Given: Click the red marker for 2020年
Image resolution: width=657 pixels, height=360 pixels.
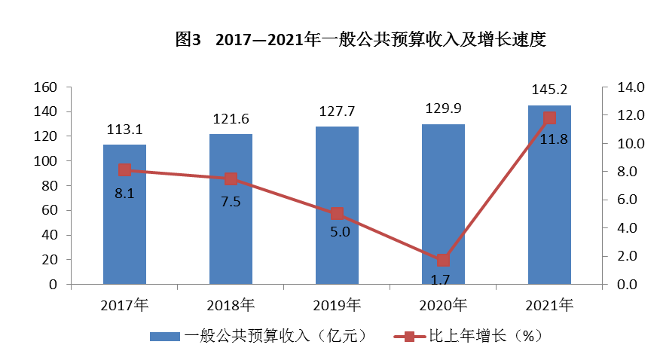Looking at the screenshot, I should (443, 260).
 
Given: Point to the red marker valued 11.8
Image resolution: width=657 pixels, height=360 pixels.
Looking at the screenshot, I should (549, 117).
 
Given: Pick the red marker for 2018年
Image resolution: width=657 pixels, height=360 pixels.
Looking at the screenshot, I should (231, 178).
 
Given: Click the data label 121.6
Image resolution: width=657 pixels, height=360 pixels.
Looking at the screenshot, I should (231, 120).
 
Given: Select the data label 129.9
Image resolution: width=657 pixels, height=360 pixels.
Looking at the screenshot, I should (443, 110).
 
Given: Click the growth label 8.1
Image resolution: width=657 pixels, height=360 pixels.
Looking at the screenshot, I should (124, 194).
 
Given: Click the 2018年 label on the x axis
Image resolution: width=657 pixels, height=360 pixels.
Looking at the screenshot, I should (231, 305).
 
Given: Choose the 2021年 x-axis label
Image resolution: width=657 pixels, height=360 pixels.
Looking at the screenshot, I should (549, 305).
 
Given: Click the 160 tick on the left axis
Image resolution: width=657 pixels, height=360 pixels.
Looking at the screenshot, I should (47, 87).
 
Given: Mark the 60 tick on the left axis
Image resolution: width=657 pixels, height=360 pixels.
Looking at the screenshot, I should (50, 211).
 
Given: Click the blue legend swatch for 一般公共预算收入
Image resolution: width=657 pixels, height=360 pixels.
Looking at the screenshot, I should (164, 336).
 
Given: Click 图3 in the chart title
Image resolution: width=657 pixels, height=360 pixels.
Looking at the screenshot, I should (188, 40).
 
